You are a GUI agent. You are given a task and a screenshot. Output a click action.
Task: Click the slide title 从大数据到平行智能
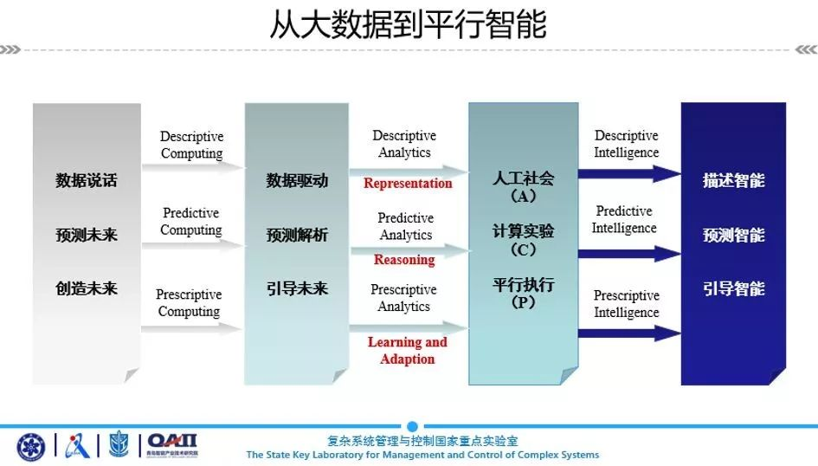(408, 24)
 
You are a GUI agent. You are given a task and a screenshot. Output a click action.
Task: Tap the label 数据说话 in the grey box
(87, 180)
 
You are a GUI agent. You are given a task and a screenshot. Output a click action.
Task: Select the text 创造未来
(87, 288)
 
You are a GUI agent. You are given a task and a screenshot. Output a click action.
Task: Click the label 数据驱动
(297, 180)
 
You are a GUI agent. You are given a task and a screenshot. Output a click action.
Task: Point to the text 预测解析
(297, 235)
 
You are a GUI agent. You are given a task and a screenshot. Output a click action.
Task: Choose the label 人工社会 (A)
(523, 187)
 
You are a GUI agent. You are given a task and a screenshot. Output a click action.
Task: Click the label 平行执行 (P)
(523, 293)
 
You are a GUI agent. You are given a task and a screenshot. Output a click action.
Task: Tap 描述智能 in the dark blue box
(733, 180)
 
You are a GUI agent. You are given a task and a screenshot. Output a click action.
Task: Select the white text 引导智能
(733, 288)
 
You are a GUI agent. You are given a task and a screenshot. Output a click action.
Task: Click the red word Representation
(408, 183)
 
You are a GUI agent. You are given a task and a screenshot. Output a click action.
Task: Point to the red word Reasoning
(404, 259)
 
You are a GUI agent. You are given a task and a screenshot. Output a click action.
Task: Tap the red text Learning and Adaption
(408, 350)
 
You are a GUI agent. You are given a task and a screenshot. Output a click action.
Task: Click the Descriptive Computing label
(191, 145)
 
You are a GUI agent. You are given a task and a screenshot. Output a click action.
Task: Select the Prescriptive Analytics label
(403, 297)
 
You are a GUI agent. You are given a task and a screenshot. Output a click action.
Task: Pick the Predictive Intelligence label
(624, 219)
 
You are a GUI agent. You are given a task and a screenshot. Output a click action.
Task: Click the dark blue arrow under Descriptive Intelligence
(629, 174)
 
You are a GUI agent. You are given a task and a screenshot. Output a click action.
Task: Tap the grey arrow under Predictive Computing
(192, 245)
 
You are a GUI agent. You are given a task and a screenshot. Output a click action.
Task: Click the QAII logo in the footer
(172, 445)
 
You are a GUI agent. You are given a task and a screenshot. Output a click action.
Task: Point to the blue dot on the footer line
(412, 426)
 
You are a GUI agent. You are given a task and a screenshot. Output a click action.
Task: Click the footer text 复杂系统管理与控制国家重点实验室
(422, 441)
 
